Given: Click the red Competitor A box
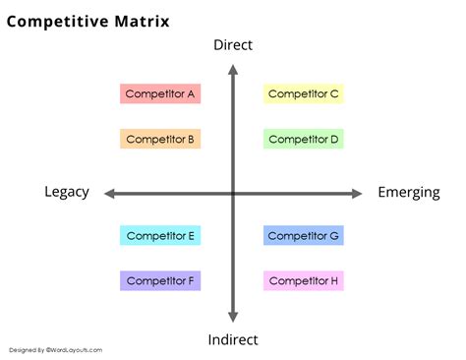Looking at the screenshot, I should click(160, 94).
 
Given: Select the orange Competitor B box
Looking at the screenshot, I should click(160, 140).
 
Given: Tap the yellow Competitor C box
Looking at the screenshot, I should click(304, 94).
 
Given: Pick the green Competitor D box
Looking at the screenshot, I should click(304, 140).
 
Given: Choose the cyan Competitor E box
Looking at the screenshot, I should click(160, 236).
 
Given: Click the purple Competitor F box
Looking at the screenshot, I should click(160, 281).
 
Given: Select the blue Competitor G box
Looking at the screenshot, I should click(304, 236).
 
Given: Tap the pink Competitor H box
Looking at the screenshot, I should click(304, 281).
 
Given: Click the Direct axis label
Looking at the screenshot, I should click(233, 45).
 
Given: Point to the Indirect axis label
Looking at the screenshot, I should click(233, 340).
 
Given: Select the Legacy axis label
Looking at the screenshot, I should click(67, 193).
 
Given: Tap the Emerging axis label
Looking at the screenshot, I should click(409, 193).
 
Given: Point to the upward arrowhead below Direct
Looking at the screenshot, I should click(233, 68).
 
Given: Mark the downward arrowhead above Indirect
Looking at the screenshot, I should click(233, 317).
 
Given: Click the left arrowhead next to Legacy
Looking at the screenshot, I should click(108, 194).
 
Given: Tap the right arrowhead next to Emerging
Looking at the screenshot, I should click(358, 194).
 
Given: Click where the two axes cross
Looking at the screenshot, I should click(233, 194).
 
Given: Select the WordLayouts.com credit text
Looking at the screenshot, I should click(55, 350).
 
